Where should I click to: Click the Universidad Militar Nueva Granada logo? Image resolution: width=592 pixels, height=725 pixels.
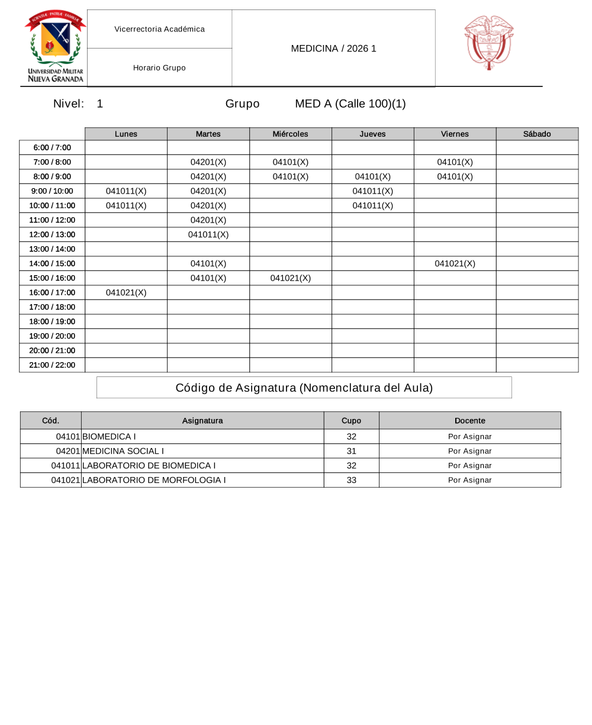pos(55,47)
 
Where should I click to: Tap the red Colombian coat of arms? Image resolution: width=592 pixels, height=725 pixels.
pos(488,43)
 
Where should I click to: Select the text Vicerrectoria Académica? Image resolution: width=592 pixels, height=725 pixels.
pos(159,29)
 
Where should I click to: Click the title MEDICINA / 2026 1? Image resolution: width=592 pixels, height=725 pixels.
pos(333,49)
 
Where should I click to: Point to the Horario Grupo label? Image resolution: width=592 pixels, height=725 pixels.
pos(159,68)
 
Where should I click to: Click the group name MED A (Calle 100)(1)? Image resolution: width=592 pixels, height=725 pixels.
pos(350,104)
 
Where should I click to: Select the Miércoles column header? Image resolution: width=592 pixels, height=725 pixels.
pos(290,134)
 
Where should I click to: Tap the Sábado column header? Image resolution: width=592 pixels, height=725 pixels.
pos(537,134)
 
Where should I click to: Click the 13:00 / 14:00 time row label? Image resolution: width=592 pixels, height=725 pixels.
pos(52,249)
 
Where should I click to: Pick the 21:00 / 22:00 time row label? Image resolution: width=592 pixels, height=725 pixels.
pos(52,365)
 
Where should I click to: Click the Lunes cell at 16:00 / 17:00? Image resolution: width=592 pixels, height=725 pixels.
pos(126,292)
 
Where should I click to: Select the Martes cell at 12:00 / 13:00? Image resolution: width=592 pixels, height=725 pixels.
pos(208,234)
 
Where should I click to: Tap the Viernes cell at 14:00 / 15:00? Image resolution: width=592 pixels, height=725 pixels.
pos(455,263)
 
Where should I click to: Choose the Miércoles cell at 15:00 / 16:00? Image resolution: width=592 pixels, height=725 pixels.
pos(290,278)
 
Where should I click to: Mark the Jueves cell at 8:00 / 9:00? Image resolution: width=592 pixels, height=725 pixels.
pos(372,176)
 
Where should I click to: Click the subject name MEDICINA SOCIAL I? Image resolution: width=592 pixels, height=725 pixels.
pos(123,451)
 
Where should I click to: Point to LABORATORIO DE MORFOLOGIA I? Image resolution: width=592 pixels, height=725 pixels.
pos(154,480)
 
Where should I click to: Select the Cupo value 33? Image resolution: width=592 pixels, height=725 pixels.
pos(351,480)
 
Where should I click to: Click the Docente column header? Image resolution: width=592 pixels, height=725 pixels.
pos(469,421)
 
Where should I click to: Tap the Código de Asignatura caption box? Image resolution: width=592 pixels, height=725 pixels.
pos(304,388)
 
